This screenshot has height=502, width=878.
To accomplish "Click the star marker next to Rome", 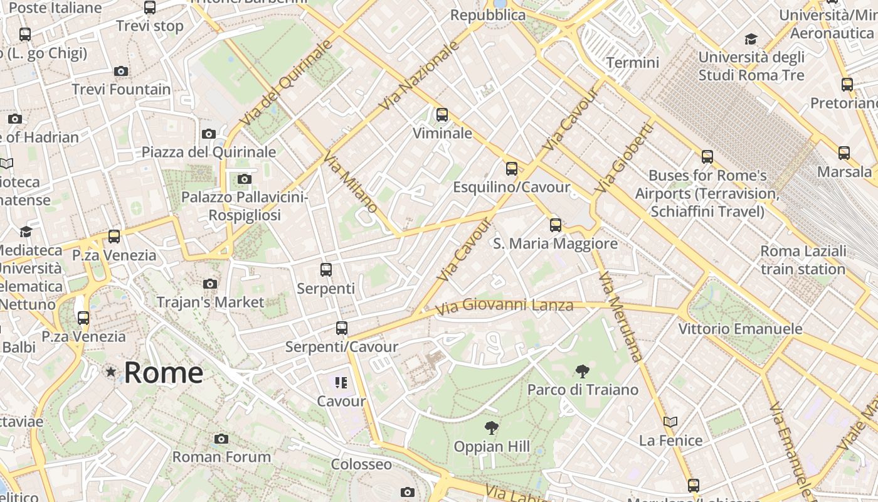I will pyautogui.click(x=111, y=372).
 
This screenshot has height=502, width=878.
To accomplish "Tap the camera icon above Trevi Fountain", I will pyautogui.click(x=121, y=71).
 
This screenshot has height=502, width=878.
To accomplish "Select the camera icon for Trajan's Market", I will pyautogui.click(x=210, y=284).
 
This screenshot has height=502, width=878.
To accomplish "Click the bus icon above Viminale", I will pyautogui.click(x=442, y=115).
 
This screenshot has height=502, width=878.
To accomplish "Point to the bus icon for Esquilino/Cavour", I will pyautogui.click(x=512, y=169).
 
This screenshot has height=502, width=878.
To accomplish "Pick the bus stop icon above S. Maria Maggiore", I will pyautogui.click(x=555, y=225).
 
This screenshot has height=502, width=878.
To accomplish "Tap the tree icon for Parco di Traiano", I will pyautogui.click(x=583, y=371).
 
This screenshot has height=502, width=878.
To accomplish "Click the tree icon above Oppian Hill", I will pyautogui.click(x=492, y=428).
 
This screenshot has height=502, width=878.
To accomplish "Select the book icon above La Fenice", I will pyautogui.click(x=670, y=422).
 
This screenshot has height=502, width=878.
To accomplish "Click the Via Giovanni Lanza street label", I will pyautogui.click(x=504, y=306).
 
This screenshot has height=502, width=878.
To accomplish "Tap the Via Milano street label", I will pyautogui.click(x=351, y=181).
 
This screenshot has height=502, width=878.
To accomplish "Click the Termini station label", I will pyautogui.click(x=632, y=63).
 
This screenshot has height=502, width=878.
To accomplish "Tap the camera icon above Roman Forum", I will pyautogui.click(x=221, y=439).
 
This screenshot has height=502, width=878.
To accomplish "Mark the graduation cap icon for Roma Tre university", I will pyautogui.click(x=751, y=40).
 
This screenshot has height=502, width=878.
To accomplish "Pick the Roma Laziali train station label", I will pyautogui.click(x=803, y=260).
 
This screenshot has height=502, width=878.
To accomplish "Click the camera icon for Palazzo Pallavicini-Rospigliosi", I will pyautogui.click(x=245, y=179).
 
